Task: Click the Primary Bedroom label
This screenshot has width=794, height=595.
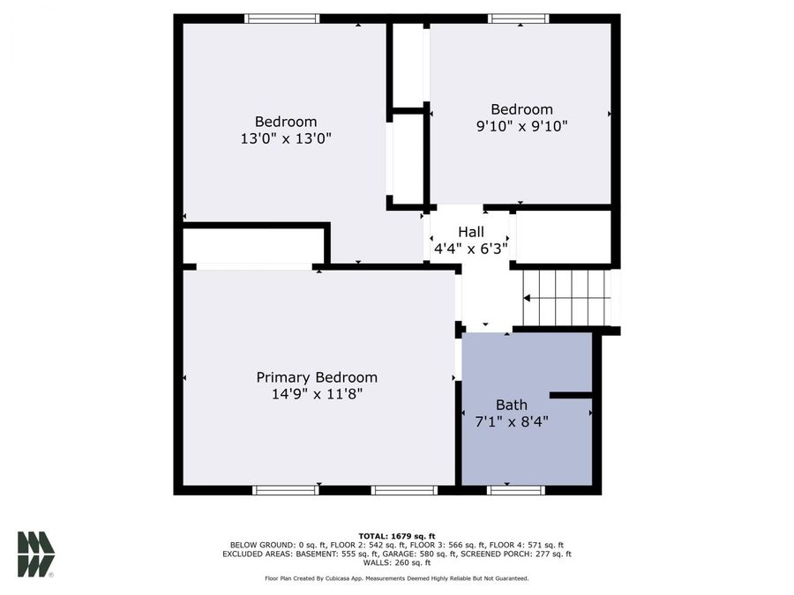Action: (317, 377)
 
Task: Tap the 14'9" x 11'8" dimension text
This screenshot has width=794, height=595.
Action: (317, 395)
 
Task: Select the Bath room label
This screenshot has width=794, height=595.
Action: (511, 405)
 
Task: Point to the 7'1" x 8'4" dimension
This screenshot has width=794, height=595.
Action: (511, 421)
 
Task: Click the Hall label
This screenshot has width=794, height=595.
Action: (470, 232)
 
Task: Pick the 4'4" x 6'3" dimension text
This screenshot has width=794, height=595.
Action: (470, 249)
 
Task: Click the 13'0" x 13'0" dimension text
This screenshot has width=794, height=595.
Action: (285, 138)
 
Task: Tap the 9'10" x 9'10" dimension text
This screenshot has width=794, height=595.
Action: (521, 126)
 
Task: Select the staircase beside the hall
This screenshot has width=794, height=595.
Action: (566, 298)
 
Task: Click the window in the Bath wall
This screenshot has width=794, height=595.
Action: (515, 490)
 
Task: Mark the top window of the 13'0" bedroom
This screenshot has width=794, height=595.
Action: (281, 19)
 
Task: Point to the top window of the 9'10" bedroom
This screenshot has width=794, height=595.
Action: (518, 19)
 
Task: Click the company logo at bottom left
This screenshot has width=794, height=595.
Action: (36, 554)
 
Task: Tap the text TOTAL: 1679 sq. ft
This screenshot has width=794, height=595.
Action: (396, 536)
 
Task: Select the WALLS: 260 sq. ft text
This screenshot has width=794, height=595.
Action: (396, 562)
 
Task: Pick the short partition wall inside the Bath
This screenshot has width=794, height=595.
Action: (570, 396)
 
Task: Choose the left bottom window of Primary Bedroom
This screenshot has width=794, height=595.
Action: (285, 490)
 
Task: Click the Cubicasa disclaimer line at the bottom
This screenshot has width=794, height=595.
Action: (396, 578)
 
